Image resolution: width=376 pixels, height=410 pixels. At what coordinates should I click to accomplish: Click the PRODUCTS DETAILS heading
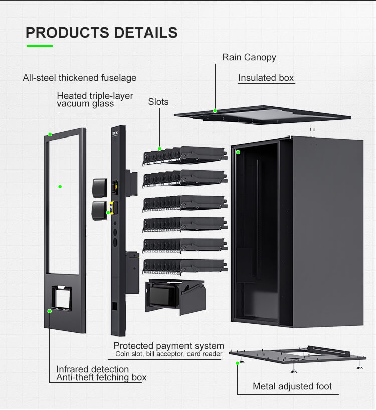pos(102,33)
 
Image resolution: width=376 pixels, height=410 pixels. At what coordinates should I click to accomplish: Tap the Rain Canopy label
pos(249,57)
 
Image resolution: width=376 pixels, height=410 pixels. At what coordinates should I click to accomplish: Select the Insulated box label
pos(266,78)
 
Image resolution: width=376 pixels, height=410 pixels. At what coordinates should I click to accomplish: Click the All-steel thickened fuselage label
pos(79,78)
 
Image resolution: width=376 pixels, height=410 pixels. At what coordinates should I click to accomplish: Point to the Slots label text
pos(158,102)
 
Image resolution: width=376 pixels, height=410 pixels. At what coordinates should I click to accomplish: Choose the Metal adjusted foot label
pos(292,386)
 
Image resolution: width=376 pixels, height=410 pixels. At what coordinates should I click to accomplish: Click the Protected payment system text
pos(168,346)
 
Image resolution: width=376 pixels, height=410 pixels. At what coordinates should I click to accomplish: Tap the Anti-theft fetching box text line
pos(101,377)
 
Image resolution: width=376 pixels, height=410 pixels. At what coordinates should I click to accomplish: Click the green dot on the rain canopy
pos(215,111)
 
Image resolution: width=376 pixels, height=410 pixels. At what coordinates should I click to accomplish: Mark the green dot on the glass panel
pos(60,187)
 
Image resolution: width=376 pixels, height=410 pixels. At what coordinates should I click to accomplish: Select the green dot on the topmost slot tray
pos(160,149)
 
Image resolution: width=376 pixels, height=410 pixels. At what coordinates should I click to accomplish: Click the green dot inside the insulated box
pos(238,152)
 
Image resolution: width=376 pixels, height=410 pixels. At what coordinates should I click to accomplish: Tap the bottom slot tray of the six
pos(184,266)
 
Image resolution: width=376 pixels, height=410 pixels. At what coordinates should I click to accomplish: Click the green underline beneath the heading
pos(40,46)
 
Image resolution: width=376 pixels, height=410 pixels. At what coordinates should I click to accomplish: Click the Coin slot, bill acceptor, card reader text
pos(168,354)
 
